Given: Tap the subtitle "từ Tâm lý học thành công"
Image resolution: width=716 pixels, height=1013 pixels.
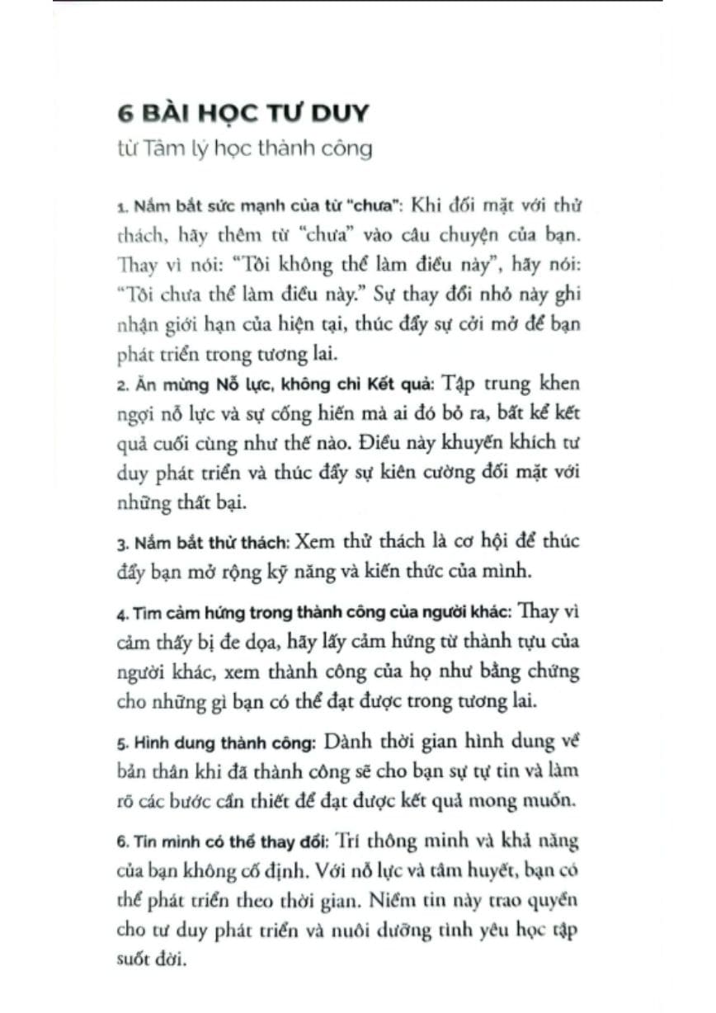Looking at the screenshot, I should pyautogui.click(x=244, y=148).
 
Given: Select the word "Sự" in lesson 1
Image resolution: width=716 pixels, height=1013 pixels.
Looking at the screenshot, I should pyautogui.click(x=389, y=293).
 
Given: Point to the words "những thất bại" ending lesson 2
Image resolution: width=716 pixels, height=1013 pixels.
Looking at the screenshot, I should pyautogui.click(x=167, y=502).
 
